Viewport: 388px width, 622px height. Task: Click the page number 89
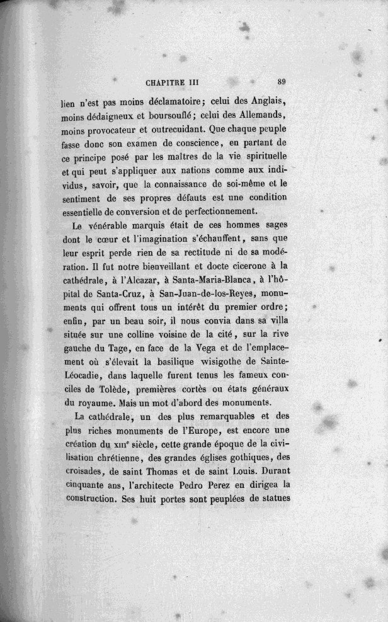click(x=282, y=81)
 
